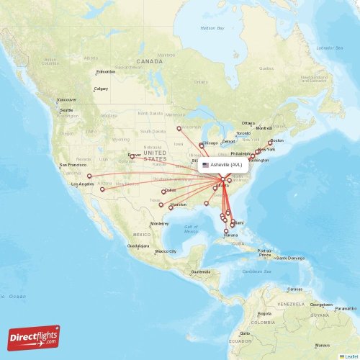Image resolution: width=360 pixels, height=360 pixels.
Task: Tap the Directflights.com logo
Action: (35, 337)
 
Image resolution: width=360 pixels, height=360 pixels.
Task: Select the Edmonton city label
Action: (106, 71)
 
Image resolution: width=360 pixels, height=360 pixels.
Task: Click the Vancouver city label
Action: (67, 99)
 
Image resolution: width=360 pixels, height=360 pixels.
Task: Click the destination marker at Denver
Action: (132, 156)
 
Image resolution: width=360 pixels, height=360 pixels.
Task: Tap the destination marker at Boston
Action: (270, 142)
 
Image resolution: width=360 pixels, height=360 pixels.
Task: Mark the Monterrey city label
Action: (159, 224)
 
